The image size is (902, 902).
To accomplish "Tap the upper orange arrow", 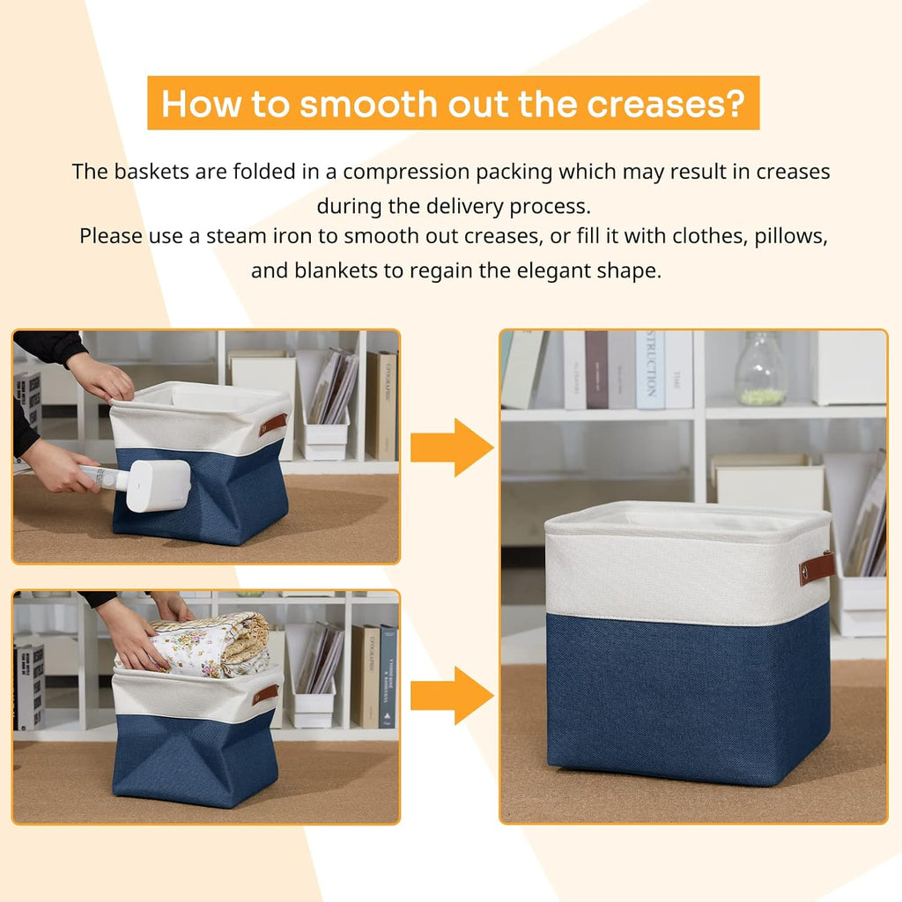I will (451, 447).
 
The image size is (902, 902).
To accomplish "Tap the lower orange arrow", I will (451, 695).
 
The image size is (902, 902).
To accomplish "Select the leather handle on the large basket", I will (817, 568).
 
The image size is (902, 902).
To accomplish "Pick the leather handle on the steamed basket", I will (272, 425).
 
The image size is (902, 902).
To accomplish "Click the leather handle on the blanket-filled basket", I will (264, 694).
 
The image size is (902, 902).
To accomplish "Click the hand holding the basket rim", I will (101, 377).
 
